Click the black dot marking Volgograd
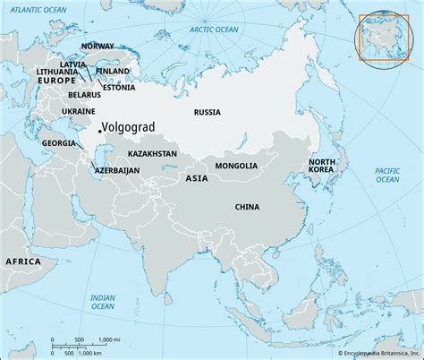coord(99,132)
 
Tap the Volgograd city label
coord(131,127)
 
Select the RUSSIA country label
coord(208,113)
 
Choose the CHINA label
coord(246,207)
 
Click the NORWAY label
coord(96,46)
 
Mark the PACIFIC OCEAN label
coord(386,175)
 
